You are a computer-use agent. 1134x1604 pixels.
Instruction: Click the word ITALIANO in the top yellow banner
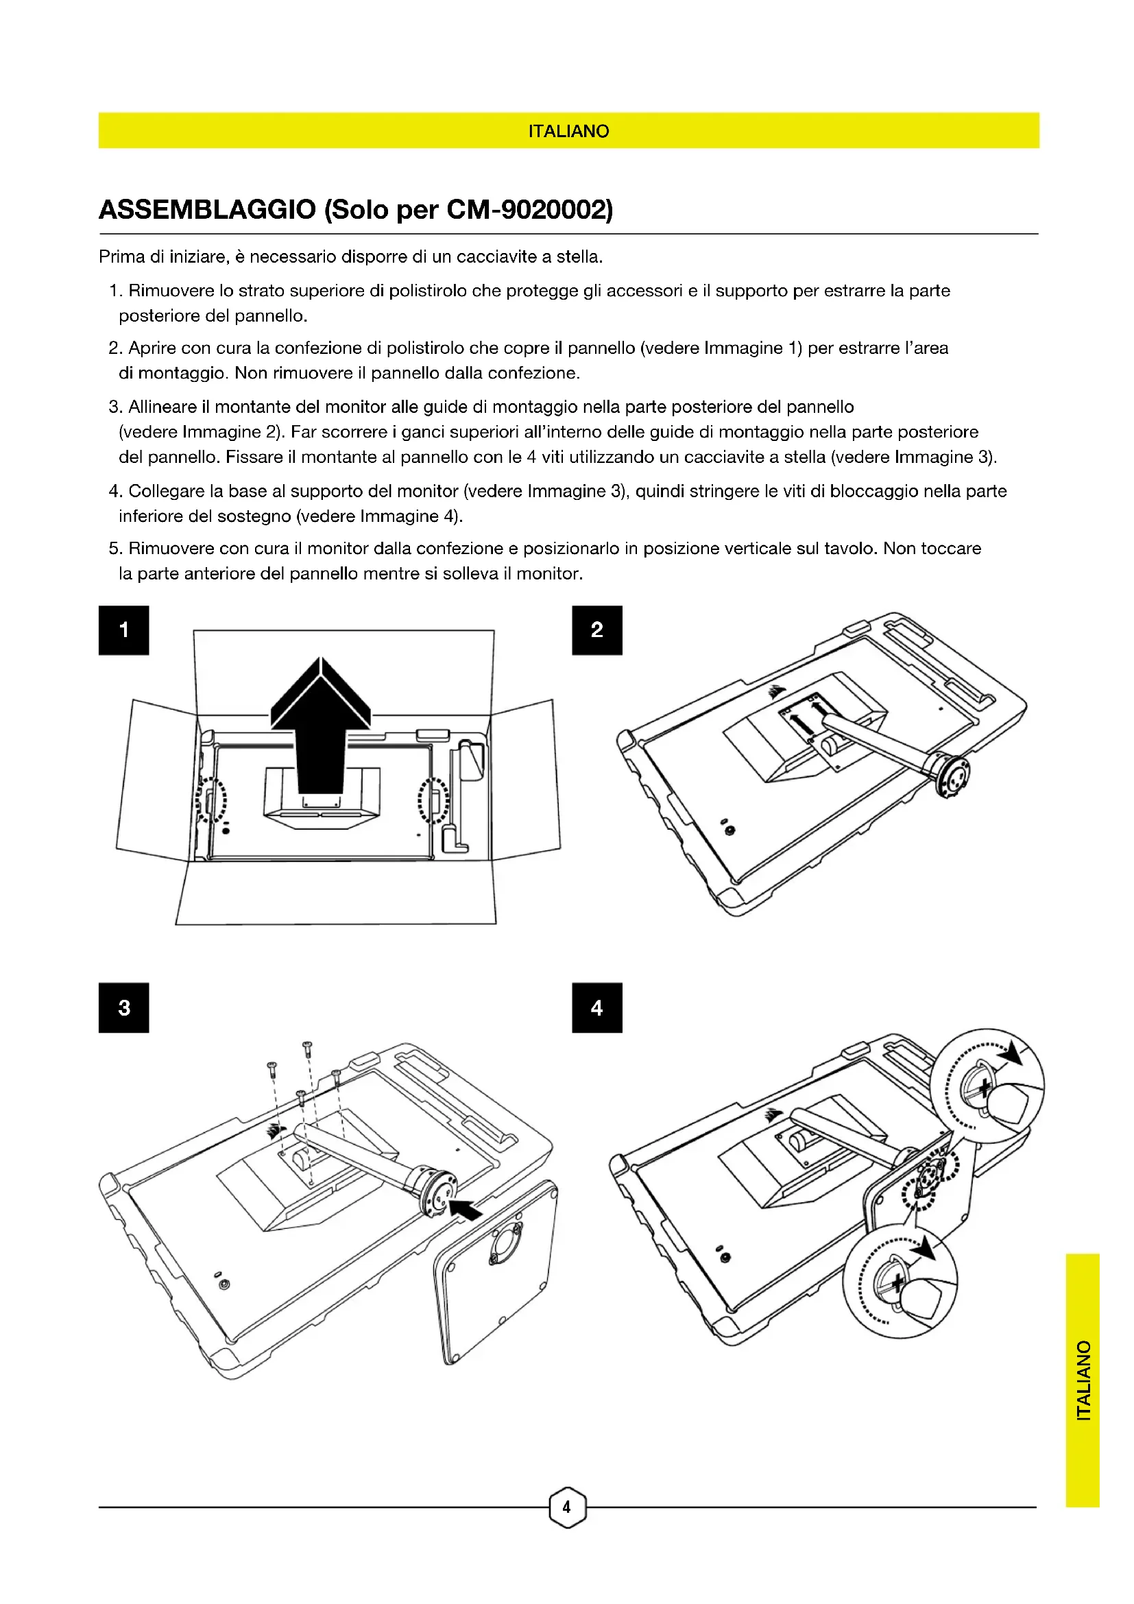[x=568, y=132]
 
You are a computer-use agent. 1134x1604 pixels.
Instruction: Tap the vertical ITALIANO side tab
[x=1083, y=1380]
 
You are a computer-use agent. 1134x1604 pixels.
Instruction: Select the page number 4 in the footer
[x=567, y=1507]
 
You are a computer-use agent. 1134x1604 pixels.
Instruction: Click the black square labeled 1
[x=123, y=630]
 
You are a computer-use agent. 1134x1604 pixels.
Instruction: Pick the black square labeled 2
[x=597, y=630]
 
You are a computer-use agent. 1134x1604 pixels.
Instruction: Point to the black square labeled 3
[x=123, y=1007]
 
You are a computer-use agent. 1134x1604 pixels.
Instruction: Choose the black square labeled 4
[x=597, y=1007]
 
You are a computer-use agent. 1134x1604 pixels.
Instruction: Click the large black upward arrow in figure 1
[x=320, y=726]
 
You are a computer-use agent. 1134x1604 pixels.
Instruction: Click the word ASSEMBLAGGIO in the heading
[x=207, y=210]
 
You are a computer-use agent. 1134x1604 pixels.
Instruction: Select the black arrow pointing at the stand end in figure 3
[x=466, y=1208]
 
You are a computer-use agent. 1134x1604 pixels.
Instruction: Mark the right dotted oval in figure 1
[x=433, y=800]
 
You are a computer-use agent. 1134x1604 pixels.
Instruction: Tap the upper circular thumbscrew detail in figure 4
[x=988, y=1085]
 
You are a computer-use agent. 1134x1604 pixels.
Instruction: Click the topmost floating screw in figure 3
[x=306, y=1046]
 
